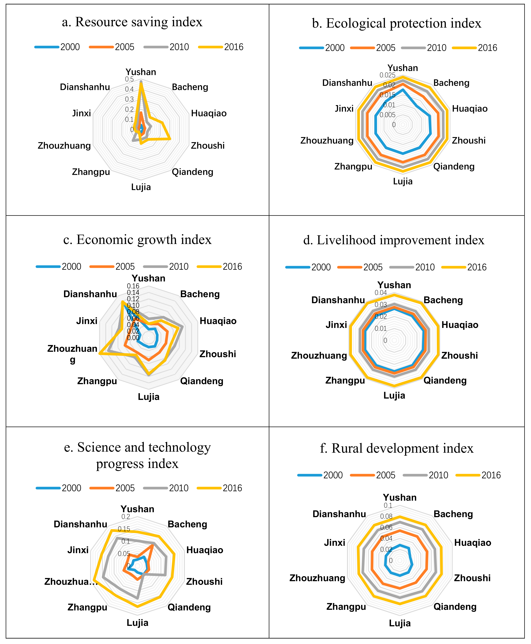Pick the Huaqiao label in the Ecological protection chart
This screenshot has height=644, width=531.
(469, 109)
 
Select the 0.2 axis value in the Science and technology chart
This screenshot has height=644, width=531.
(126, 517)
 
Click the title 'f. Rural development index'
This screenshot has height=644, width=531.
(396, 448)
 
